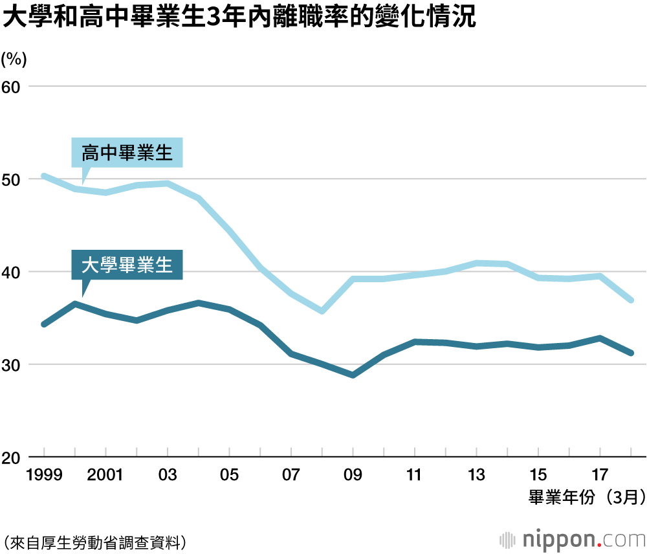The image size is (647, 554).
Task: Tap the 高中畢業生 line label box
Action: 127,153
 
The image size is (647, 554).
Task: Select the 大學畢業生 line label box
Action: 127,265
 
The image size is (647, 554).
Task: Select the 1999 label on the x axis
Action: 44,476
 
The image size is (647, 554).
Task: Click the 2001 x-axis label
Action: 105,476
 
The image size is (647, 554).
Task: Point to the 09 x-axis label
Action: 353,476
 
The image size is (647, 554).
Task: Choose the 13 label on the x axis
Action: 476,476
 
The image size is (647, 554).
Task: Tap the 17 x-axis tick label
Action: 600,476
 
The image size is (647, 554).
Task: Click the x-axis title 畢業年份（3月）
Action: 586,497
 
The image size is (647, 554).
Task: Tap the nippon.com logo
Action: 573,539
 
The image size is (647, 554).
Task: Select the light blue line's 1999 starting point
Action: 44,175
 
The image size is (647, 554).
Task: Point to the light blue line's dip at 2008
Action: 322,311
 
